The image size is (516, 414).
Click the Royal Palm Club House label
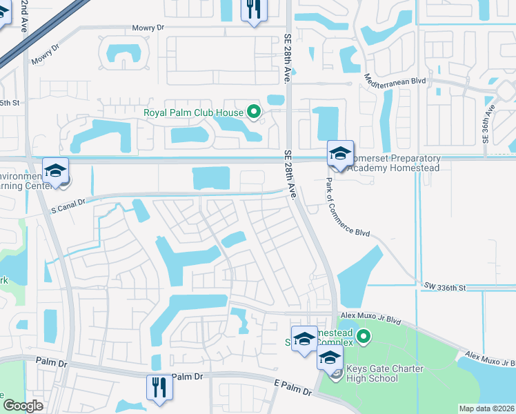coord(193,112)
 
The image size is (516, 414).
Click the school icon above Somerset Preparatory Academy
coord(340,154)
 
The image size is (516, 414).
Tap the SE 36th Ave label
coord(488,123)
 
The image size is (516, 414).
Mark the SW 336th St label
coord(445,286)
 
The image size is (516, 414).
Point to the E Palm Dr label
coord(294,388)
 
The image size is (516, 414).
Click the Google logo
coord(23,406)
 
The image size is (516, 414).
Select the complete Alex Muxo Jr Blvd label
coord(370,317)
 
